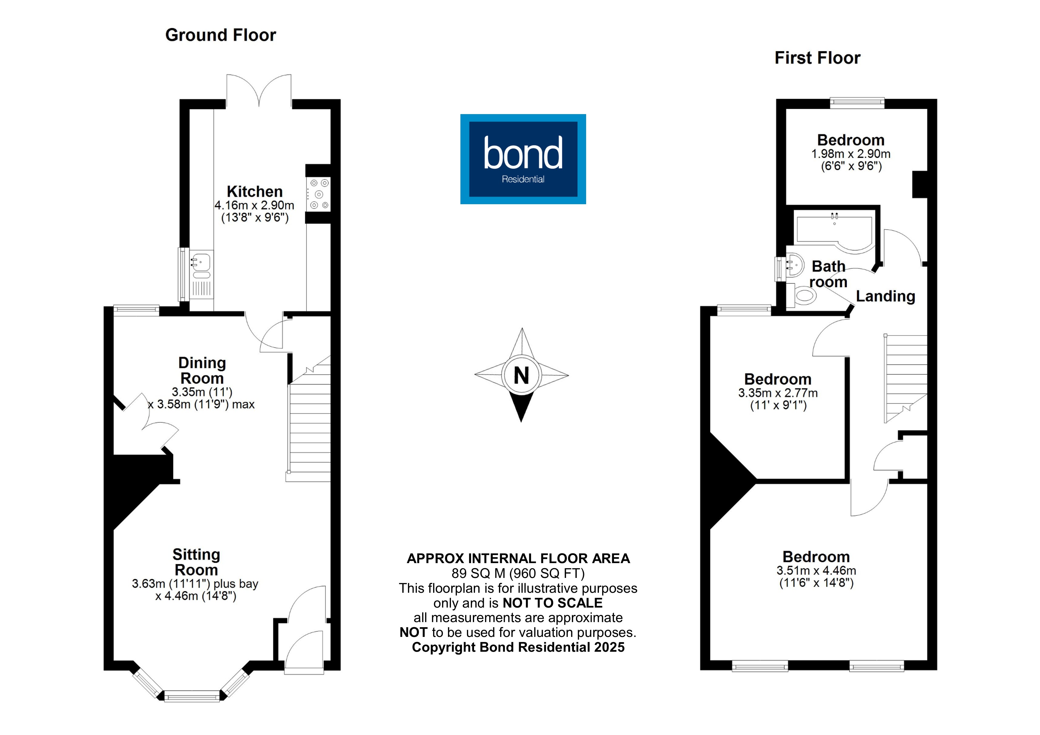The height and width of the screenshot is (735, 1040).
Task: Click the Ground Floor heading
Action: [x=221, y=35]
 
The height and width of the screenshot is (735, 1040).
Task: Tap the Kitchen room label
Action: [x=255, y=191]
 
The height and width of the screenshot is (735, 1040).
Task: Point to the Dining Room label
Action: [x=202, y=370]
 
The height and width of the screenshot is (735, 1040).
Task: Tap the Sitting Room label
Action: [x=196, y=562]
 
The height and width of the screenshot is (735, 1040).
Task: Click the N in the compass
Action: [x=521, y=376]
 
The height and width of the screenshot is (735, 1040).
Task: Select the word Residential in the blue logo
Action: [x=523, y=179]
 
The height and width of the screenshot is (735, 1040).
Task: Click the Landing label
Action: [x=886, y=296]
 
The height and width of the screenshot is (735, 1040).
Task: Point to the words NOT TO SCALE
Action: [x=553, y=603]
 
